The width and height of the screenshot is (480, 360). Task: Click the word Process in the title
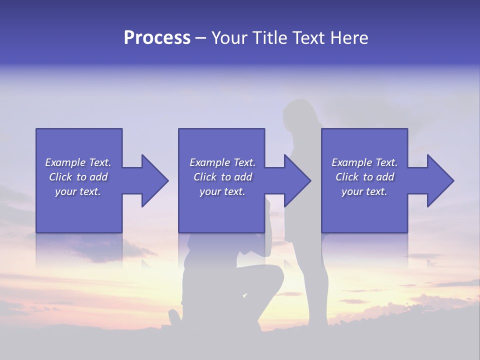click(x=157, y=38)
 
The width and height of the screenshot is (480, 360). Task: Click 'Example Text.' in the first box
click(x=78, y=162)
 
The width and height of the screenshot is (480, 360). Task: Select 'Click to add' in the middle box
click(x=222, y=177)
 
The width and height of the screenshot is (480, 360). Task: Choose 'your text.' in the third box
click(x=364, y=191)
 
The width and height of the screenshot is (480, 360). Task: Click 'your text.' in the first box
click(x=78, y=191)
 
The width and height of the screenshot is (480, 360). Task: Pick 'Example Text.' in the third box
click(x=364, y=162)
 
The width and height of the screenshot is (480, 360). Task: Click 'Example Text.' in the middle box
click(x=222, y=162)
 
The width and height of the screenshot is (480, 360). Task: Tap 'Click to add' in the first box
click(x=78, y=177)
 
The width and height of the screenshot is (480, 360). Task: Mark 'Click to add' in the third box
click(x=364, y=177)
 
